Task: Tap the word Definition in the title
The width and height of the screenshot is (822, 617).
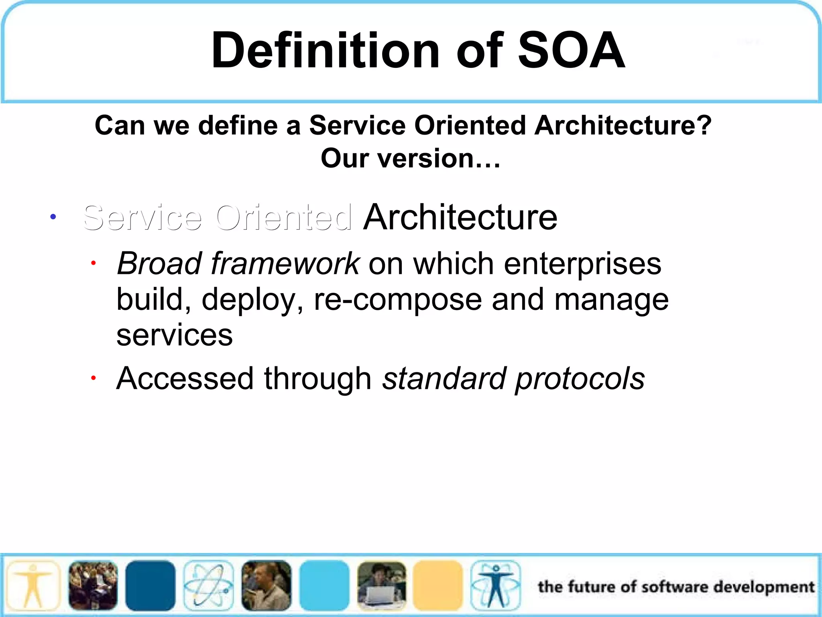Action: point(325,51)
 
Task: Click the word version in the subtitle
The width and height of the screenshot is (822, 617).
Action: point(423,158)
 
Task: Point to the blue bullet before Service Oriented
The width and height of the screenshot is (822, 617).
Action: point(53,217)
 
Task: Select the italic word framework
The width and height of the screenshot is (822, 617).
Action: point(285,264)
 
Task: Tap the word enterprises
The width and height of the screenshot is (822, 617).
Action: point(582,264)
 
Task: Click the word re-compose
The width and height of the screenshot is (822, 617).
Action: point(397,300)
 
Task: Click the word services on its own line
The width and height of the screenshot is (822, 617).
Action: point(174,335)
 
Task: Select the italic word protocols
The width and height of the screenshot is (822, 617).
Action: point(580,378)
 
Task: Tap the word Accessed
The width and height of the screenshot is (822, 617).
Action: point(185,378)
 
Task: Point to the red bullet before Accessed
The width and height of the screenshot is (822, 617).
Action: point(93,378)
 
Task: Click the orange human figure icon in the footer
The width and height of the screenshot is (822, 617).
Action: point(34,585)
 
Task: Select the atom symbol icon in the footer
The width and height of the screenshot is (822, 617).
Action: point(208,585)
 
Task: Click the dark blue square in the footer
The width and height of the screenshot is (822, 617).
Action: point(150,585)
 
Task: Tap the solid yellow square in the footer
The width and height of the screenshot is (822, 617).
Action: point(437,585)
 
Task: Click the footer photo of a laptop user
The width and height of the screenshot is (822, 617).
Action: point(381,585)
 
